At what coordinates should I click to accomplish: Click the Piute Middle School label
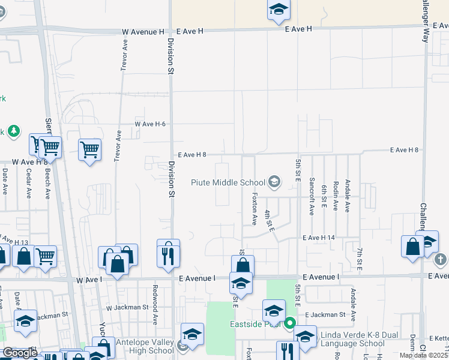[x=228, y=182]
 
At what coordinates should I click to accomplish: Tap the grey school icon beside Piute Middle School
[x=274, y=181]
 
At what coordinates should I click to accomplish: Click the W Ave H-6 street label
[x=150, y=124]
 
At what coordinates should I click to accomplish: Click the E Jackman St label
[x=325, y=314]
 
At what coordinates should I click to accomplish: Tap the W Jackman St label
[x=127, y=307]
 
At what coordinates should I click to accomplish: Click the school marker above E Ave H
[x=279, y=10]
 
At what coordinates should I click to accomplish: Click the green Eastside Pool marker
[x=289, y=324]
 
